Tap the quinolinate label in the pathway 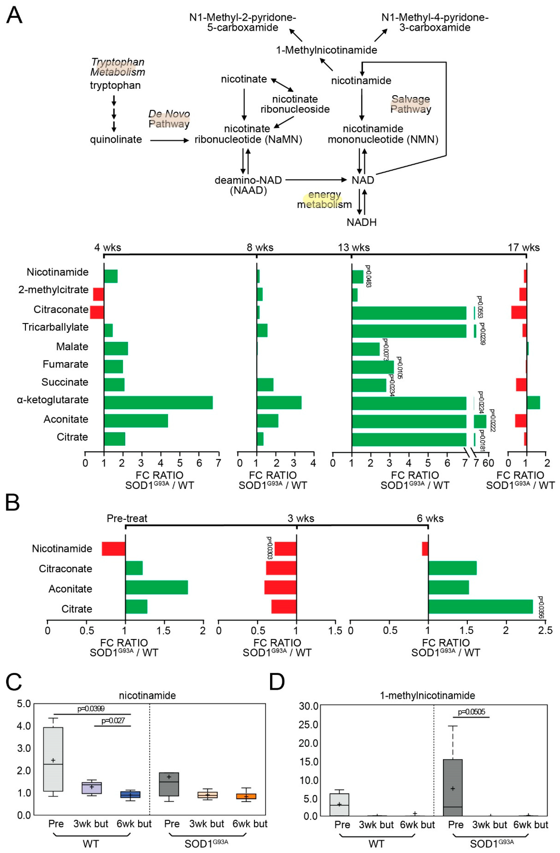116,139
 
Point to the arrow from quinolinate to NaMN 169,140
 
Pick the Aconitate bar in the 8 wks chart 267,421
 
